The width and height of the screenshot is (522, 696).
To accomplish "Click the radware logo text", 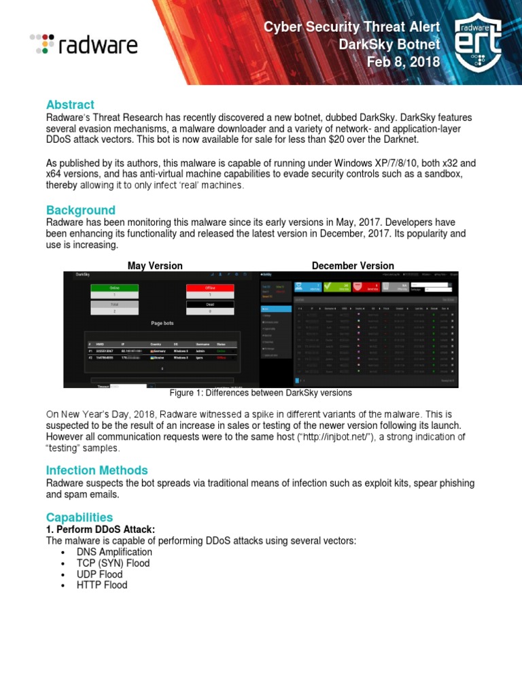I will click(x=97, y=45).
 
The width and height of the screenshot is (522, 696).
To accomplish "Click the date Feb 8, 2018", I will click(x=403, y=63).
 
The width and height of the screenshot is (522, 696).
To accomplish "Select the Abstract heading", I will click(x=70, y=105).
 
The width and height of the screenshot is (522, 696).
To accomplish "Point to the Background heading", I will click(x=80, y=210).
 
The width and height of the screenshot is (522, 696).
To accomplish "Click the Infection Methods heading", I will click(x=97, y=470).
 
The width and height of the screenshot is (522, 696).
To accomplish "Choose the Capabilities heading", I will click(x=80, y=517).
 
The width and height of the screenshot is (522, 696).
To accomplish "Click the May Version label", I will click(x=155, y=266).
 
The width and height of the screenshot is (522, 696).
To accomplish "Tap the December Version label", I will click(x=353, y=266).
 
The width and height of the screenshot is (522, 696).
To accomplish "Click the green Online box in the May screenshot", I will click(x=114, y=288).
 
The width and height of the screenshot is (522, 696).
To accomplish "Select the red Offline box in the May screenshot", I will click(x=209, y=288).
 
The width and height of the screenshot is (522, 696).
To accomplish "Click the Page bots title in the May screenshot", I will click(x=162, y=324).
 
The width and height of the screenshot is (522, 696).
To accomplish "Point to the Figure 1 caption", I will click(x=260, y=393).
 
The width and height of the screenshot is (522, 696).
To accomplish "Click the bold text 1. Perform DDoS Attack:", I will click(x=101, y=529).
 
